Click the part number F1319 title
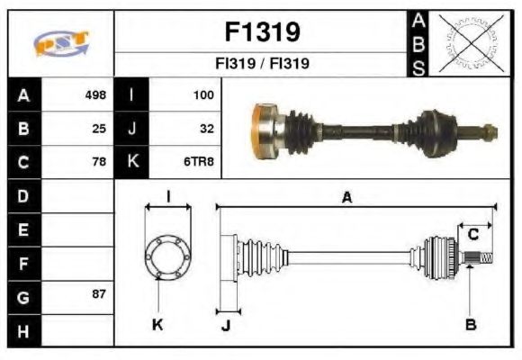(x=261, y=32)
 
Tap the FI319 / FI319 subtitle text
(x=262, y=64)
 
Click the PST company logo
(x=61, y=43)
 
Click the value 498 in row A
(x=95, y=94)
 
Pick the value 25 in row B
(x=99, y=128)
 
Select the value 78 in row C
(x=99, y=162)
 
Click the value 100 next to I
(x=203, y=94)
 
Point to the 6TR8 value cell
(x=200, y=162)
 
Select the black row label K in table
(x=133, y=162)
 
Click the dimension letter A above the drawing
(x=346, y=197)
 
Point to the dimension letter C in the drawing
(x=472, y=235)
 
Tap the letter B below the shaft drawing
(x=471, y=323)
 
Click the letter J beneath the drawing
(x=226, y=325)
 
